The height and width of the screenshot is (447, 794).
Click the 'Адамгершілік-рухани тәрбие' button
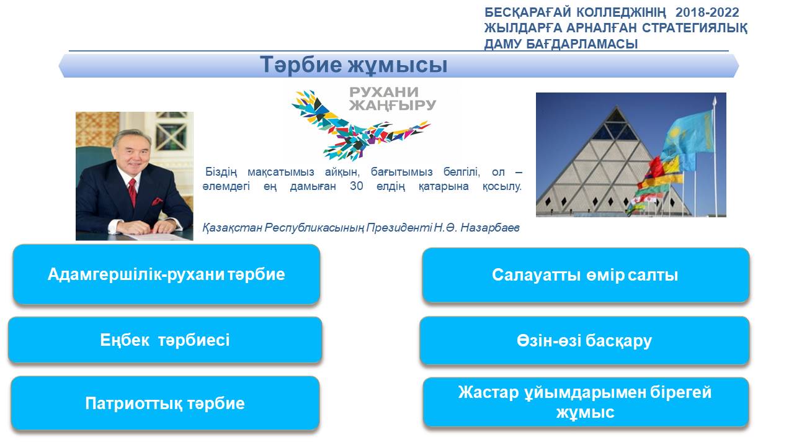pyautogui.click(x=167, y=274)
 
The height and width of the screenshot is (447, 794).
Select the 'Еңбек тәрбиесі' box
pyautogui.click(x=165, y=340)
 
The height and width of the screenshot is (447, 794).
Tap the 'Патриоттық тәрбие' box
pyautogui.click(x=165, y=404)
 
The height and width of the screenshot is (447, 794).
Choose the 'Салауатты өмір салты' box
pyautogui.click(x=586, y=275)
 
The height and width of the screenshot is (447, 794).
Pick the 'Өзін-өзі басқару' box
pyautogui.click(x=584, y=341)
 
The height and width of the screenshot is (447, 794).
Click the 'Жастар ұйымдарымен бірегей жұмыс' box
pyautogui.click(x=586, y=402)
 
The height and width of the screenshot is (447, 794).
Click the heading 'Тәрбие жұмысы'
pyautogui.click(x=354, y=65)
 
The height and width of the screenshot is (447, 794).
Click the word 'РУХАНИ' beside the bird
pyautogui.click(x=384, y=93)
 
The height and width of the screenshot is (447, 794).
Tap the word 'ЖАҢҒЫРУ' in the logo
pyautogui.click(x=393, y=106)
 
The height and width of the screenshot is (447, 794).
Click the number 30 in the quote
pyautogui.click(x=356, y=186)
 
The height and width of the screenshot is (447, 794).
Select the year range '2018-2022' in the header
pyautogui.click(x=707, y=12)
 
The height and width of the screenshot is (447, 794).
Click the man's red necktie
pyautogui.click(x=132, y=192)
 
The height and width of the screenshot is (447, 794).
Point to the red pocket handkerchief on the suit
pyautogui.click(x=157, y=202)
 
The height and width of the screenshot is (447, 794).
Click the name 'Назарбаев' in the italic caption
pyautogui.click(x=490, y=227)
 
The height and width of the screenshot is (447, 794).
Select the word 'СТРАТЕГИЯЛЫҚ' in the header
pyautogui.click(x=695, y=28)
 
